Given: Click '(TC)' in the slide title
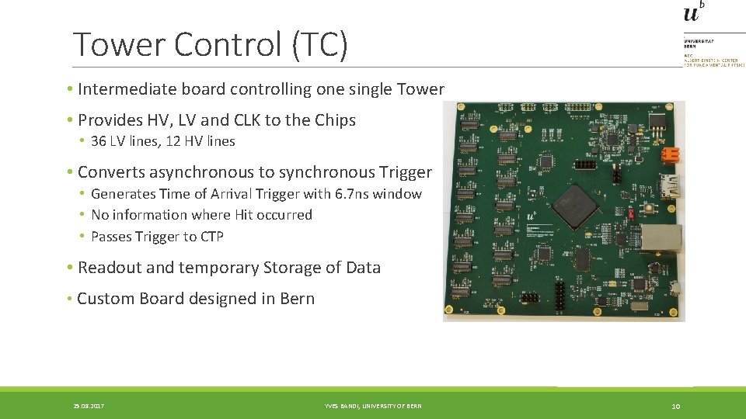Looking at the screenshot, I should pyautogui.click(x=320, y=44).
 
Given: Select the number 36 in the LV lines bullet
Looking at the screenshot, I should pyautogui.click(x=99, y=141).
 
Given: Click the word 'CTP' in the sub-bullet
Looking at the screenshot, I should pyautogui.click(x=211, y=237).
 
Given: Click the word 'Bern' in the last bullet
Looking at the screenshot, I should pyautogui.click(x=297, y=299).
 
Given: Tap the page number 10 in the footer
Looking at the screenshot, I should pyautogui.click(x=676, y=406).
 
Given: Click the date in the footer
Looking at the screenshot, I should pyautogui.click(x=89, y=406).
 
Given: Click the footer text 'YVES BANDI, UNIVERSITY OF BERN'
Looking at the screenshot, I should pyautogui.click(x=373, y=406).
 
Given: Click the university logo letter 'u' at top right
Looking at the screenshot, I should pyautogui.click(x=691, y=13).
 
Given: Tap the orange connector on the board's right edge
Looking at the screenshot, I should pyautogui.click(x=668, y=154).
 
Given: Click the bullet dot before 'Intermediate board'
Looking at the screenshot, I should pyautogui.click(x=70, y=89).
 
